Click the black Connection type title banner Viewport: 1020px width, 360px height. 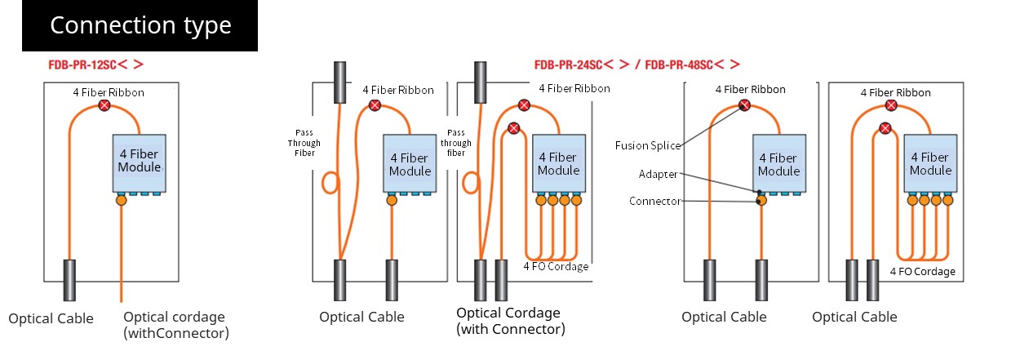point(140,25)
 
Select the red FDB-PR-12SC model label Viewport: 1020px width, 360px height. point(96,64)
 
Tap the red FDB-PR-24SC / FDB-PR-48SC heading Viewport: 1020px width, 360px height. point(637,64)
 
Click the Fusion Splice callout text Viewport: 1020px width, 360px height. point(648,146)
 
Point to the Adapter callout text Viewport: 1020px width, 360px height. point(658,174)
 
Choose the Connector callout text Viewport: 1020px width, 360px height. point(654,201)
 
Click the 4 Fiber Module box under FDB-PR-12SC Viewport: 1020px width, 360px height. point(139,163)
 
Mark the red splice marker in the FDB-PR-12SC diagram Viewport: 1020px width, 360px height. point(104,106)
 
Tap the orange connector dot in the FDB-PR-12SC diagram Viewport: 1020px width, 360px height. point(121,200)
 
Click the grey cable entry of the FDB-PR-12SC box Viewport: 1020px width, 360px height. point(69,280)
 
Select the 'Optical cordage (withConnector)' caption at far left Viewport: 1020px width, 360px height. point(176,325)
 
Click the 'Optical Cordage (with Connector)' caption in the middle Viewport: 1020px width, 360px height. point(511,321)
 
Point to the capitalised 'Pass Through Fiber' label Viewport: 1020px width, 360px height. point(304,143)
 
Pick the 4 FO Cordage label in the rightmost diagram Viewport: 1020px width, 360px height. point(923,272)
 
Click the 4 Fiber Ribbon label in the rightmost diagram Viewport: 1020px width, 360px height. point(895,92)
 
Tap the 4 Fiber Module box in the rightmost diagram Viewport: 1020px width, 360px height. point(930,163)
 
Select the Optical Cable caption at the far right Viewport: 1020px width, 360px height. point(854,318)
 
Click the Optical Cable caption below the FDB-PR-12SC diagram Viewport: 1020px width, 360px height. point(51,318)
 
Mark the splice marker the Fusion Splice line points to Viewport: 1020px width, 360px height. point(744,106)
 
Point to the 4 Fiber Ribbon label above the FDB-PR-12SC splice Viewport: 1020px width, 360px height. point(109,92)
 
